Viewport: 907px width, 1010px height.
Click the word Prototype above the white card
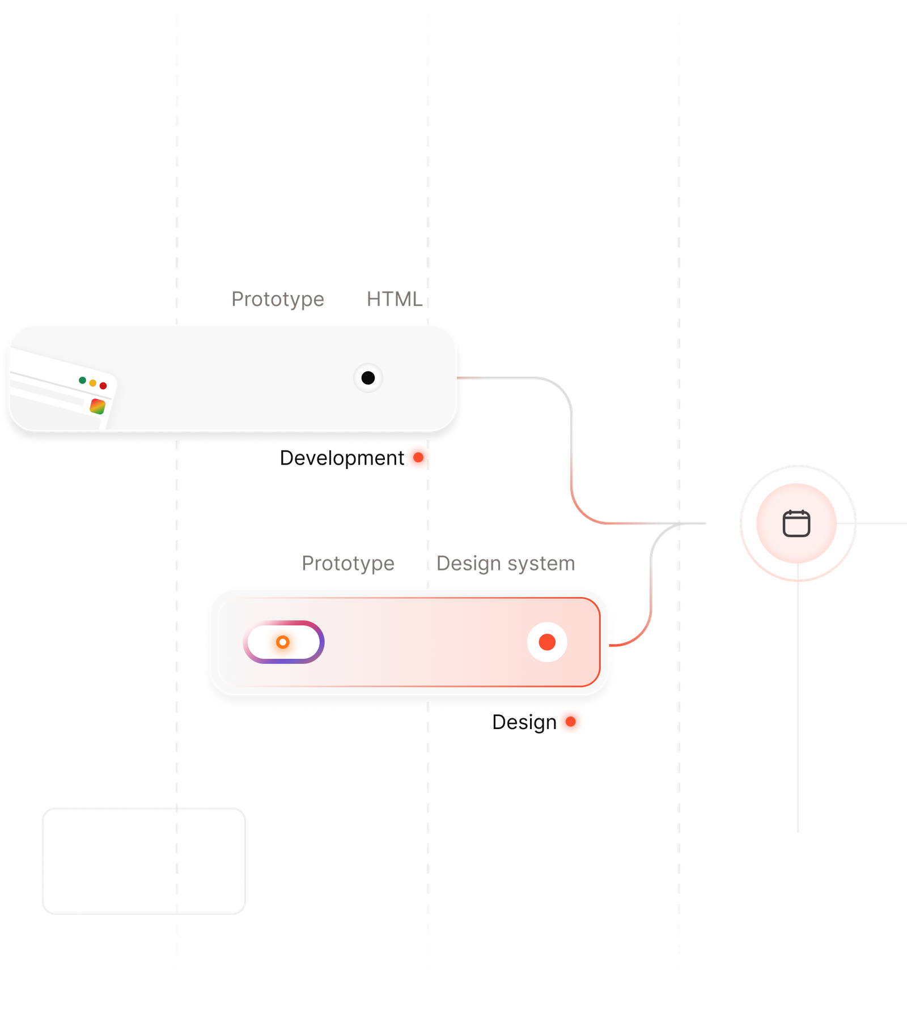pos(278,299)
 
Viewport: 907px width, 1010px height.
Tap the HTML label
pos(394,299)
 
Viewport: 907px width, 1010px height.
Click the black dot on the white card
pos(368,378)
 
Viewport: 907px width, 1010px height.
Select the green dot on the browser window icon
pos(82,380)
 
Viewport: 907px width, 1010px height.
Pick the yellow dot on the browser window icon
pos(92,383)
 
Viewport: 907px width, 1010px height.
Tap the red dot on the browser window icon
pos(103,386)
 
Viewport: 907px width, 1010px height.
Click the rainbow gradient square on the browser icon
pos(98,406)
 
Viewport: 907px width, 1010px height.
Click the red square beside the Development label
pos(418,458)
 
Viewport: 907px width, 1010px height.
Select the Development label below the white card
pos(339,458)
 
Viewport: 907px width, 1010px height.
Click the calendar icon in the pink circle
pos(796,523)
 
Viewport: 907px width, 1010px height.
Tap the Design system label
pos(506,564)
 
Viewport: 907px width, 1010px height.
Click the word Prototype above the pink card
pos(348,564)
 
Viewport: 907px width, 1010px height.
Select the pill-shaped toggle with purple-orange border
pos(283,642)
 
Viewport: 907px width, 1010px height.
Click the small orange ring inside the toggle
pos(282,642)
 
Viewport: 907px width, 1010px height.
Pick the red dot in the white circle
pos(547,642)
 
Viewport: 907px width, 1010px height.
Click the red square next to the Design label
pos(571,722)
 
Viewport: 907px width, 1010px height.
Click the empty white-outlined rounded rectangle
pos(143,860)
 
